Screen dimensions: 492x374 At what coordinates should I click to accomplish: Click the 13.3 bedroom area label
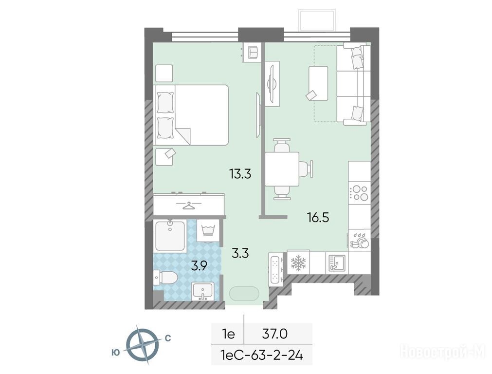[x=240, y=173]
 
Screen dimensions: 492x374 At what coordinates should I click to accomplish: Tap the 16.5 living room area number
[x=318, y=217]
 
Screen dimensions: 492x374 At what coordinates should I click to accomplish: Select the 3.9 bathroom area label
[x=200, y=266]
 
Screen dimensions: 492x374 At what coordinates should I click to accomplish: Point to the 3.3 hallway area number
[x=240, y=253]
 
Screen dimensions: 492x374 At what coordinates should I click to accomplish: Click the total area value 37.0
[x=275, y=334]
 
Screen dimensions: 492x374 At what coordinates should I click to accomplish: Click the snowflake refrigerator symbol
[x=298, y=262]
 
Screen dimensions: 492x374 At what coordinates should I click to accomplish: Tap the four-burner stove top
[x=360, y=193]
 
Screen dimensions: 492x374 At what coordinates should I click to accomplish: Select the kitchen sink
[x=337, y=262]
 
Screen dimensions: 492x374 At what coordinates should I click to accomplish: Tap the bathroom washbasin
[x=203, y=291]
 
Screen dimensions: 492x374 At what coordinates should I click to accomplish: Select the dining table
[x=282, y=169]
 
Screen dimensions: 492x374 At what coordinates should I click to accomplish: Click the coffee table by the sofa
[x=318, y=83]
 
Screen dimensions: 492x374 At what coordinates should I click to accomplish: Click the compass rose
[x=142, y=345]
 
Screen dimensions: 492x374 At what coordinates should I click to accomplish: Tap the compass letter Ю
[x=116, y=353]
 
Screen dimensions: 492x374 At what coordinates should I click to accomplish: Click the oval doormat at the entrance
[x=244, y=295]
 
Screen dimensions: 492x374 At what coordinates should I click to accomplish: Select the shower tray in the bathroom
[x=170, y=236]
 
